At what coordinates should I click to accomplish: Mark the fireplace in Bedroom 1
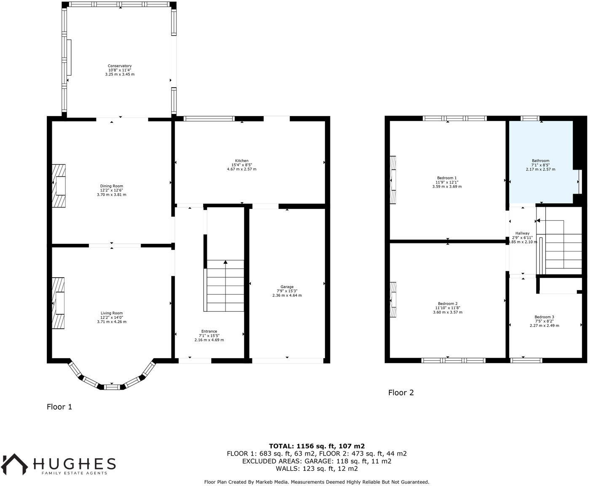393,180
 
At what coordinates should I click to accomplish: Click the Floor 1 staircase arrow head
225,262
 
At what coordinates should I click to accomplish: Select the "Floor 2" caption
401,393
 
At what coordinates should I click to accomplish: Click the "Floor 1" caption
59,407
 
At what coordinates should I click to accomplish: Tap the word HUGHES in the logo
74,464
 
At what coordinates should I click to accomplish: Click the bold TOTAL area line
316,446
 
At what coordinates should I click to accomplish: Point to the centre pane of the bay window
111,387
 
